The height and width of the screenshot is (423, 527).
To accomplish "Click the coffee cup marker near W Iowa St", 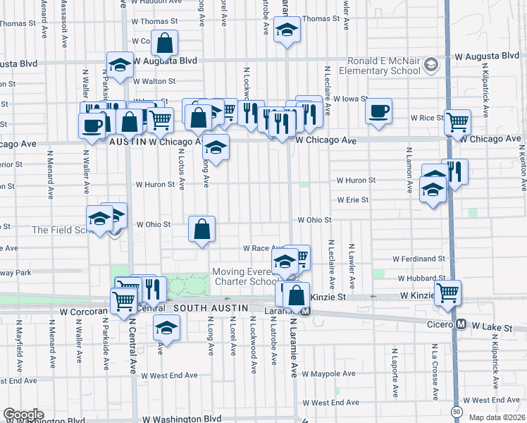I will pyautogui.click(x=379, y=111).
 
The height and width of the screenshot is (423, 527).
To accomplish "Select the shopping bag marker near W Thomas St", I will pyautogui.click(x=164, y=43).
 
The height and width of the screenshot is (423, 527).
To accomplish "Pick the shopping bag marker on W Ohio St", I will pyautogui.click(x=202, y=229).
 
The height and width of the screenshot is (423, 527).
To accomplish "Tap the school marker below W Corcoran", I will pyautogui.click(x=166, y=328).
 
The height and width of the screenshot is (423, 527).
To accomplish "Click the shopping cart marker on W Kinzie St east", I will pyautogui.click(x=447, y=293).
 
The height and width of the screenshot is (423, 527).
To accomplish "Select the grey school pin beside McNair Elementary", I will pyautogui.click(x=430, y=66).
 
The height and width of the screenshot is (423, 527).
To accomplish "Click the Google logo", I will pyautogui.click(x=23, y=415).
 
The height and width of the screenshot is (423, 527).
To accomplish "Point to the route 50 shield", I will pyautogui.click(x=457, y=411).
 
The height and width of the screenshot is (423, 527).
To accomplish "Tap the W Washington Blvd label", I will pyautogui.click(x=185, y=419).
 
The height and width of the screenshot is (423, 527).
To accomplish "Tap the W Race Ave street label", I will pyautogui.click(x=263, y=248).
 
